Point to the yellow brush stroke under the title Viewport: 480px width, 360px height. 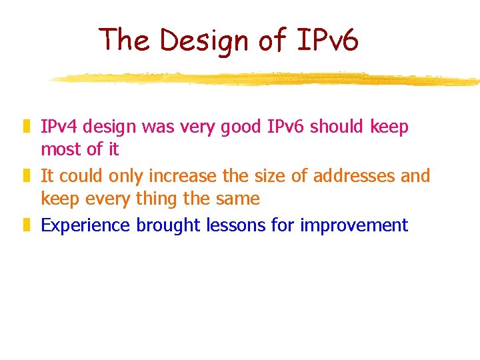[267, 79]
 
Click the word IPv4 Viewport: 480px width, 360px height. [60, 127]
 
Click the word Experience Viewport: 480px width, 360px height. [85, 225]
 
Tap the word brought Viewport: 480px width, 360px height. [168, 225]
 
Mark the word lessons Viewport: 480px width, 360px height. [235, 225]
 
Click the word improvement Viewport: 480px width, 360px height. [353, 225]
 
